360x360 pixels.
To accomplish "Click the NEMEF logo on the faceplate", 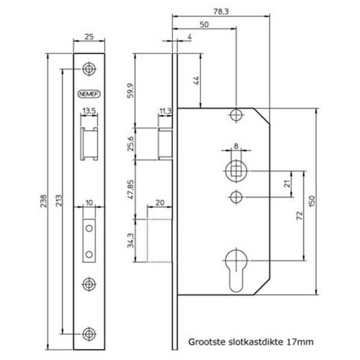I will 89,94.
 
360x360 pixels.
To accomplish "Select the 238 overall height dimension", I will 44,199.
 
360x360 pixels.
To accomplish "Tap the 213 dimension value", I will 59,199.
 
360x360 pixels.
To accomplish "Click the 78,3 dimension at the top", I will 221,13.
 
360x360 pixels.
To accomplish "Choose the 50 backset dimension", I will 204,25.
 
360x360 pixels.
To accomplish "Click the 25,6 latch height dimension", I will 131,144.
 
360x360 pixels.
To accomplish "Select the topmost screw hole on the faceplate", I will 89,69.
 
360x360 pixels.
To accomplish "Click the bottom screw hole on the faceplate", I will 89,333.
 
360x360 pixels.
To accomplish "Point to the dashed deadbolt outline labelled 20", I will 159,240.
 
